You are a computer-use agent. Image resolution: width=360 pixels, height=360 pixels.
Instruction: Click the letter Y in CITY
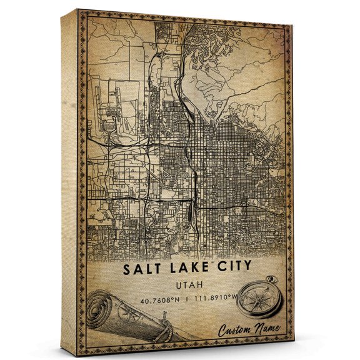click(247, 267)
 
